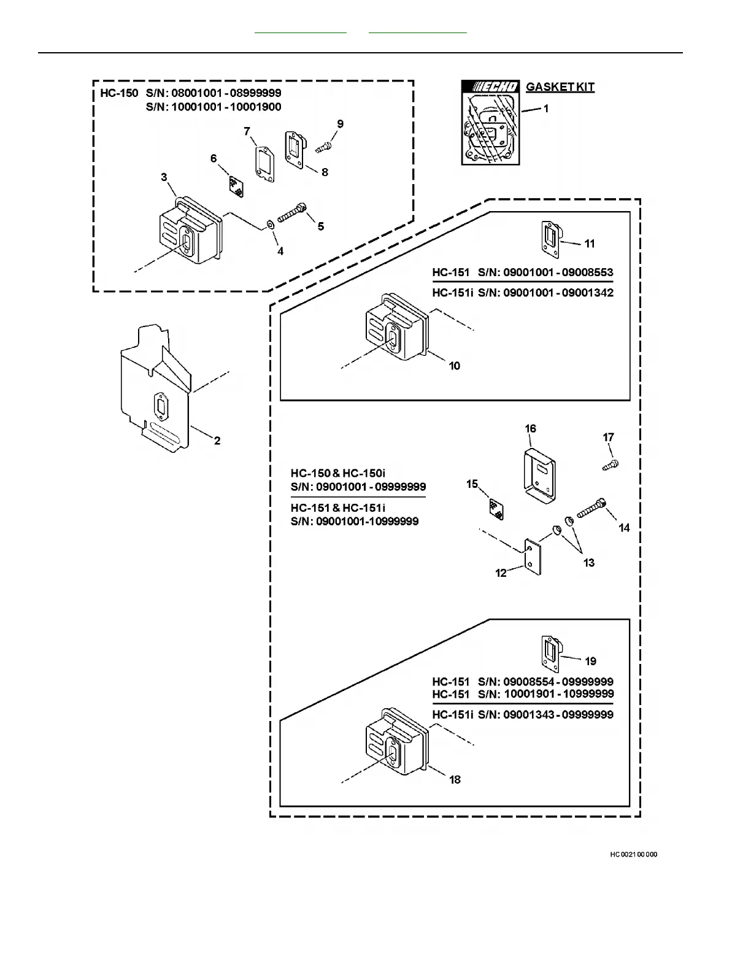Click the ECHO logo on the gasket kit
coord(491,87)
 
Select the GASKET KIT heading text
coord(560,87)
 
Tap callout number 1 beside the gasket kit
coord(546,109)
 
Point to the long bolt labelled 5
coord(292,214)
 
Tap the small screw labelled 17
coord(610,465)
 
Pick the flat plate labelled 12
coord(532,556)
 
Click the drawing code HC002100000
coord(633,854)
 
